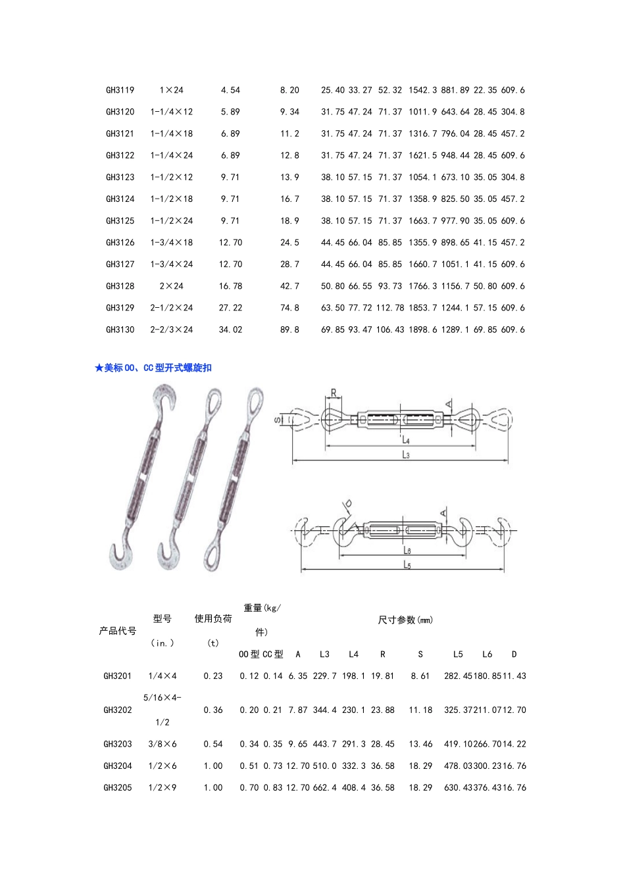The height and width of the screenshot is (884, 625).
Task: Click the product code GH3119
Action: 120,90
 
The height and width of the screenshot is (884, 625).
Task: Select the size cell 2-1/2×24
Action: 171,308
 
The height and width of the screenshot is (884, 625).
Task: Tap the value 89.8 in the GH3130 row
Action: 289,330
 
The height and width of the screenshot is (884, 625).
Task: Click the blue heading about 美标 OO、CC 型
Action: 153,368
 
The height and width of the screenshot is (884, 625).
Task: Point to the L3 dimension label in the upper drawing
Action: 406,455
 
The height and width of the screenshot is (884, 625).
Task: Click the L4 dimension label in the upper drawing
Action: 406,441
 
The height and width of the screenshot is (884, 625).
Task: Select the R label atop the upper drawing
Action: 334,393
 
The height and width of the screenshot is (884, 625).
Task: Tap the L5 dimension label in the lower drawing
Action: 407,565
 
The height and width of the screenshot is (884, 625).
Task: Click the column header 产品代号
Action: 118,631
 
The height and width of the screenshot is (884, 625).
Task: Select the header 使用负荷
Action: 213,619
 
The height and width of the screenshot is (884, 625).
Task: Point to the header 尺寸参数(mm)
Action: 405,620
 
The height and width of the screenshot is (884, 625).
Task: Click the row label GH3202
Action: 118,710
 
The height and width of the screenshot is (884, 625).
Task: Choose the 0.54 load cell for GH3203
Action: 213,745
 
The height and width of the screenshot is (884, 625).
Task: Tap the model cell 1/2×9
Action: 162,788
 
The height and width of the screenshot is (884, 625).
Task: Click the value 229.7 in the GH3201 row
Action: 324,676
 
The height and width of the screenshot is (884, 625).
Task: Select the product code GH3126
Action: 120,243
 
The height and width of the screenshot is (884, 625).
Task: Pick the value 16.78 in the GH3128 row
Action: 230,286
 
